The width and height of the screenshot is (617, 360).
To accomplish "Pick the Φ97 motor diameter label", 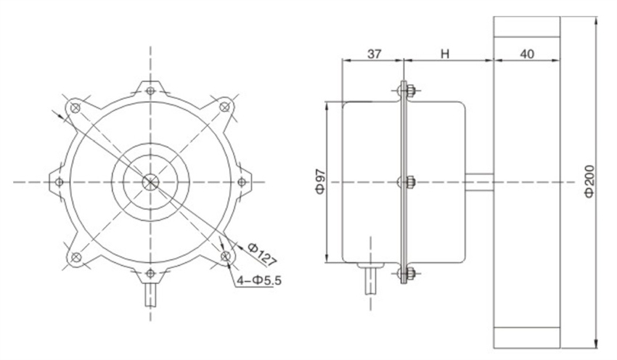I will point(319,181).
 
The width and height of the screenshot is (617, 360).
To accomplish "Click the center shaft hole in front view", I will point(150,181).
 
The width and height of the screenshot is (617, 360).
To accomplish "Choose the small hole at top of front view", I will point(150,91).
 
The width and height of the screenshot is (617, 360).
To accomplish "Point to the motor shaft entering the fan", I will point(479,181).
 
